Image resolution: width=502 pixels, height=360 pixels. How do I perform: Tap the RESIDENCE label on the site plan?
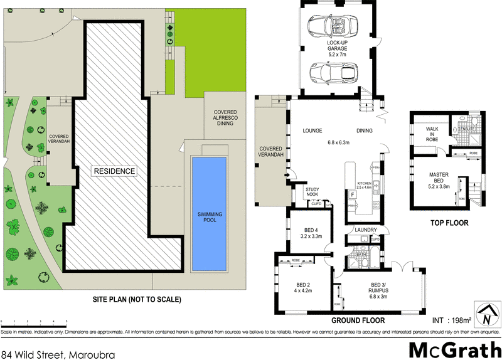pos(114,171)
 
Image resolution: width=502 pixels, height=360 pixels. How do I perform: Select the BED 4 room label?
pos(312,233)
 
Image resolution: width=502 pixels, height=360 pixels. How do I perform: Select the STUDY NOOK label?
pos(312,192)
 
